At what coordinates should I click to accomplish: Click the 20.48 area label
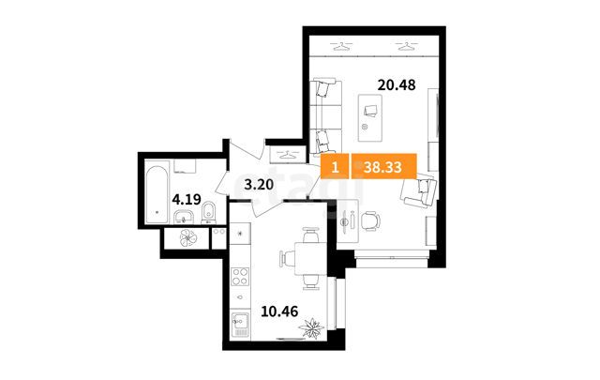[397, 84]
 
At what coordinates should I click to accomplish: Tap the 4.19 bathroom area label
[187, 199]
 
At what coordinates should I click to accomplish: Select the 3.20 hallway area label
[259, 185]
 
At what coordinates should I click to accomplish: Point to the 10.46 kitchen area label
[279, 312]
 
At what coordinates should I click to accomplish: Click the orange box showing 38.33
[383, 167]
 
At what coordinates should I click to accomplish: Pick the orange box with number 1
[336, 167]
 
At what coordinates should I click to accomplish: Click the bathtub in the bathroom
[157, 194]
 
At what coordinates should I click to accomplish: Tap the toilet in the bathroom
[208, 213]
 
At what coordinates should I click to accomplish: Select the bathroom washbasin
[186, 217]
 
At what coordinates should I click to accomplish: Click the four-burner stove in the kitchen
[241, 277]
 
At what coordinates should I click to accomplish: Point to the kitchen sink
[241, 321]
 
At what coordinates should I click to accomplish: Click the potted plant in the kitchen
[311, 328]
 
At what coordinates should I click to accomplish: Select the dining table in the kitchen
[310, 259]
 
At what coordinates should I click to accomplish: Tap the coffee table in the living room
[370, 117]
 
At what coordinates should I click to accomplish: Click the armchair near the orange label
[419, 191]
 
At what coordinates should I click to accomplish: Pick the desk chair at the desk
[371, 220]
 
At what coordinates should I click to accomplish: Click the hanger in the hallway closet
[288, 155]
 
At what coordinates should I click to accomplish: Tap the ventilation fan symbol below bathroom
[187, 237]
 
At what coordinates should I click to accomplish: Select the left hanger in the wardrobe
[341, 46]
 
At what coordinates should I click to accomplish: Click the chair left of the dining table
[287, 259]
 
